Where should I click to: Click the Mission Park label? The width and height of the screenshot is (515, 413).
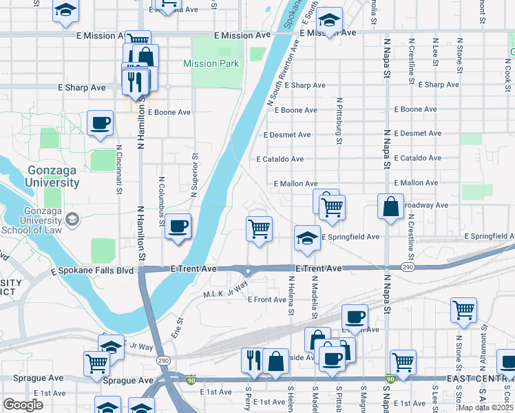pos(211,64)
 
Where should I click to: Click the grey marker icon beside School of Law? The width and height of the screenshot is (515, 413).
pos(72,220)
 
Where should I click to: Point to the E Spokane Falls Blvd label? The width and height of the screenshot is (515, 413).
pos(92,271)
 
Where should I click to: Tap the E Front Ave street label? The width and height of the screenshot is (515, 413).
pos(266,299)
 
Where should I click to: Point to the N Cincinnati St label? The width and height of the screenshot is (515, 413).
pos(119,169)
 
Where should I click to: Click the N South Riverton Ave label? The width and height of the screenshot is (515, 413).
pos(282,72)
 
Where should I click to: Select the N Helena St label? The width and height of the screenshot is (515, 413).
pos(291,296)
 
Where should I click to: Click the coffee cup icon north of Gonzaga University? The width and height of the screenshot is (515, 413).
pos(101,123)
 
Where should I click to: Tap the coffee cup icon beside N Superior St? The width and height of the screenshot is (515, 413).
pos(178,226)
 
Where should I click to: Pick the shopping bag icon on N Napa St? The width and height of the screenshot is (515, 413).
pos(390,206)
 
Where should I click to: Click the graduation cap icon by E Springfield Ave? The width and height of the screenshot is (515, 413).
pos(307,238)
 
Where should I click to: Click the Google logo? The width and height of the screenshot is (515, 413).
pos(23,405)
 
